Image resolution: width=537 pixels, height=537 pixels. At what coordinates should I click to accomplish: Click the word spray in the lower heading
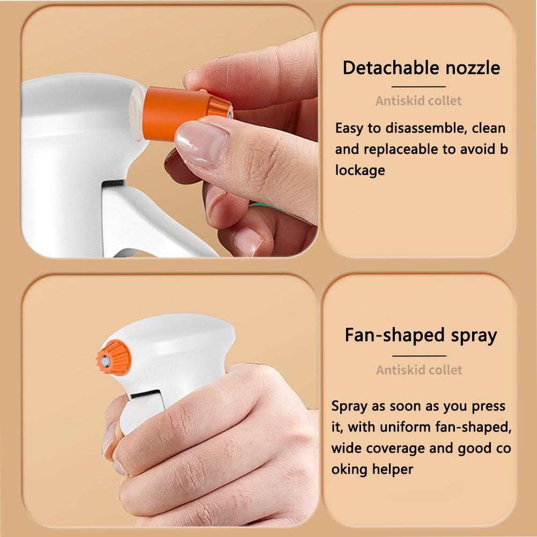click(470, 336)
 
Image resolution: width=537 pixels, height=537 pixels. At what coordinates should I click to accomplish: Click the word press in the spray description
click(488, 406)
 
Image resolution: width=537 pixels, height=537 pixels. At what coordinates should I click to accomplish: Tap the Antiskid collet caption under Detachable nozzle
click(418, 100)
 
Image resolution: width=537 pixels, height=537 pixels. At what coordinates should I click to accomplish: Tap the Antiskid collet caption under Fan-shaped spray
click(419, 370)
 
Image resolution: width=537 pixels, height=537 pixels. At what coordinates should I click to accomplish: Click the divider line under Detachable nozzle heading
click(419, 86)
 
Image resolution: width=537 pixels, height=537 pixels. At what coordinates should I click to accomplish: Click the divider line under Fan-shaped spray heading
click(419, 355)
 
